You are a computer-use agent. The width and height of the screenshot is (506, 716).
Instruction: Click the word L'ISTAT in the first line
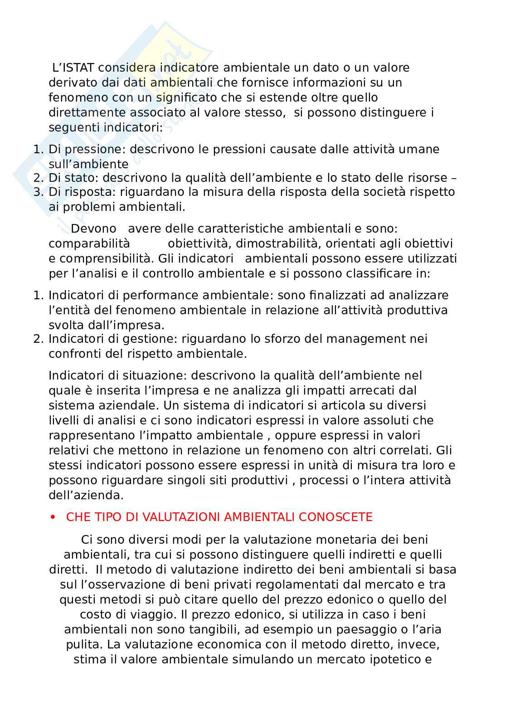[x=73, y=68]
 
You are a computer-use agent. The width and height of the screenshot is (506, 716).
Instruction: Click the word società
[x=379, y=192]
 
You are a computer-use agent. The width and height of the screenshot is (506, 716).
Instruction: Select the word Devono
[x=94, y=229]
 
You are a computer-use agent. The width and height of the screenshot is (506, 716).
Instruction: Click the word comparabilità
[x=89, y=244]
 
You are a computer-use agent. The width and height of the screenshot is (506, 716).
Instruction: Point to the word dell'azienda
[x=86, y=495]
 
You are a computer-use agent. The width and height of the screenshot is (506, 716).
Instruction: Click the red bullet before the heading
[x=53, y=517]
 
